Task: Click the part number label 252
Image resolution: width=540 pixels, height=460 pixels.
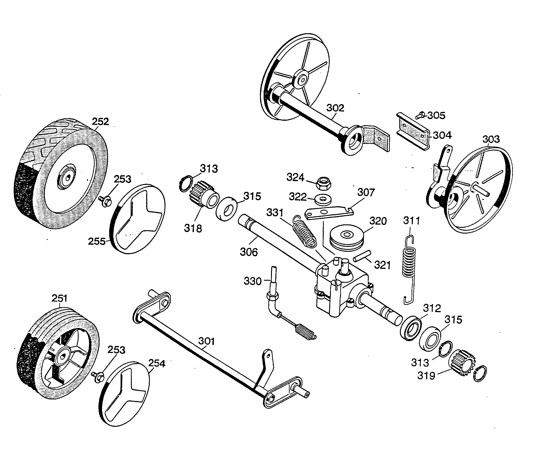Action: pos(100,122)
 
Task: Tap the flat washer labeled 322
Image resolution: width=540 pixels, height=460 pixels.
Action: pos(323,200)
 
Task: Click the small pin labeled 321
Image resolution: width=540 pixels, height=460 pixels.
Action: pos(362,256)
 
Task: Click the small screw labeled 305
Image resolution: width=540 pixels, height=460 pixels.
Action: pos(420,115)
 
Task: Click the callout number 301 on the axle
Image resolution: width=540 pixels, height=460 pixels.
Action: pos(206,341)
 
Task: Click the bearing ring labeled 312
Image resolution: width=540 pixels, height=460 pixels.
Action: pos(411,328)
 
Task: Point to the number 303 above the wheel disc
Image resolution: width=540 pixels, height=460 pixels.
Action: pos(491,139)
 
